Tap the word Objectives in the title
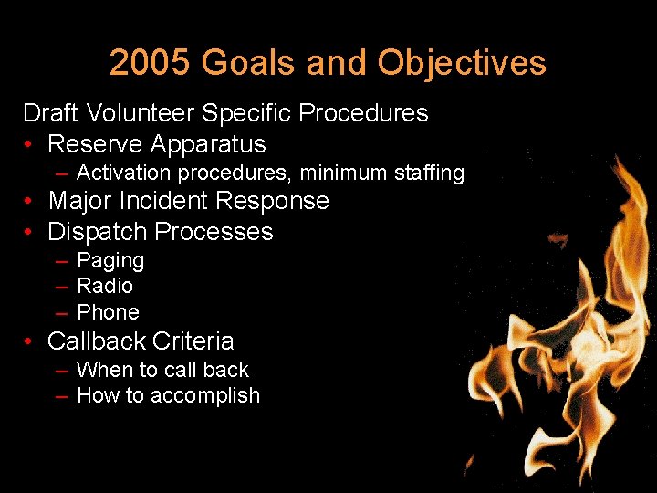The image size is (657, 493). click(x=462, y=63)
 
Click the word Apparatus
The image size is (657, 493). click(x=208, y=144)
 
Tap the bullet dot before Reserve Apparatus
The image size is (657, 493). click(x=30, y=144)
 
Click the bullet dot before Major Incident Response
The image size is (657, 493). click(x=30, y=201)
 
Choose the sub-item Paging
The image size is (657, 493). click(x=110, y=261)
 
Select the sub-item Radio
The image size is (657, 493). click(x=105, y=287)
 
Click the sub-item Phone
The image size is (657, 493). click(x=108, y=312)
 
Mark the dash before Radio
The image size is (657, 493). click(x=61, y=287)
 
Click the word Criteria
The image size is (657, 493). click(x=194, y=341)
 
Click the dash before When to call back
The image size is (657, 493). click(x=61, y=371)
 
